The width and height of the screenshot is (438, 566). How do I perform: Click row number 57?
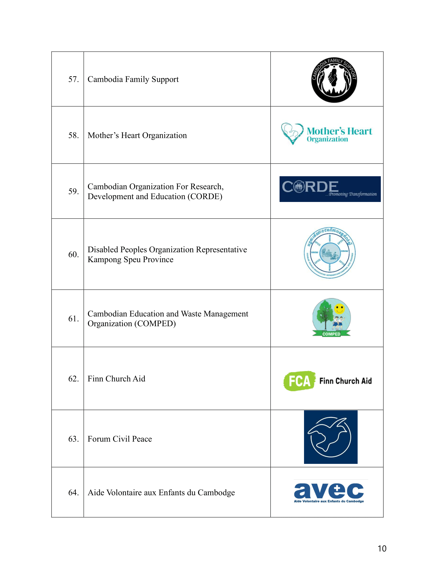click(x=73, y=79)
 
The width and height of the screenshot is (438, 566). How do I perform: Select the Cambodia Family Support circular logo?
click(x=334, y=80)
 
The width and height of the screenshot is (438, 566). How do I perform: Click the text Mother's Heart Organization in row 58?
click(x=137, y=135)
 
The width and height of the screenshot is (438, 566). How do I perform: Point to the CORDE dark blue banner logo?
click(x=330, y=189)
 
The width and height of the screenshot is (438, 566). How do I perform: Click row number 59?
click(x=73, y=191)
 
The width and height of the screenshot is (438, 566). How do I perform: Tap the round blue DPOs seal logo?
click(x=330, y=253)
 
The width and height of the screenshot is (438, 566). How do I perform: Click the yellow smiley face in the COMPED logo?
click(x=339, y=309)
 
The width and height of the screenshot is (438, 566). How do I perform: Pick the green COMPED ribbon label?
click(x=331, y=334)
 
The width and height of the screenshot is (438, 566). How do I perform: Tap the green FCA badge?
click(x=299, y=381)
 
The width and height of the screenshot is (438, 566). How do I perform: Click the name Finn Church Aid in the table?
click(x=116, y=379)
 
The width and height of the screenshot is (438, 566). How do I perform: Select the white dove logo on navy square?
click(x=331, y=437)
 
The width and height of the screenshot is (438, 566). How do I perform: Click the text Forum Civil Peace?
click(x=120, y=439)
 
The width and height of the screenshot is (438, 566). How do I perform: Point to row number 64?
click(x=73, y=492)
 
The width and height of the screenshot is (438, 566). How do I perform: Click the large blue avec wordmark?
click(x=329, y=491)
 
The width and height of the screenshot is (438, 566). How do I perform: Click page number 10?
click(x=382, y=549)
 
